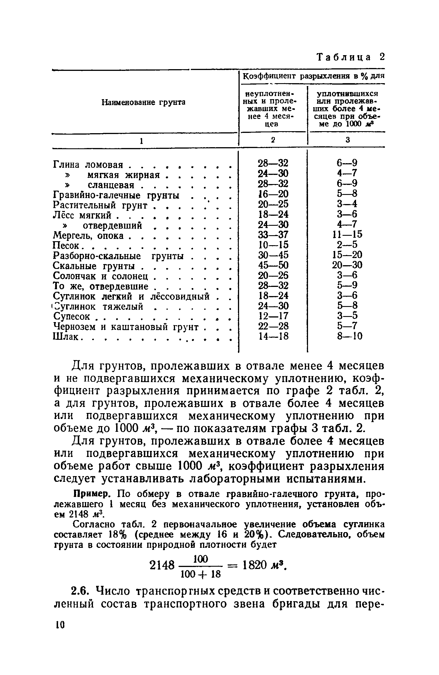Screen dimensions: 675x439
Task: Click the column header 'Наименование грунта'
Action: tap(144, 102)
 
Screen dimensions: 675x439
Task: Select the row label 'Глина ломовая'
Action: tap(88, 165)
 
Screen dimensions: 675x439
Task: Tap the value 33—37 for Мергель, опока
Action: tap(273, 235)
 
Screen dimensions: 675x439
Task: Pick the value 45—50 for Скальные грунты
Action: tap(273, 265)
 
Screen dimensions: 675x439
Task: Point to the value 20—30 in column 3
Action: tap(347, 265)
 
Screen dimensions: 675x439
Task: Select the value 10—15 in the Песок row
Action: tap(273, 245)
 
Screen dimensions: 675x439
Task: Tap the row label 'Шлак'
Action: tap(66, 337)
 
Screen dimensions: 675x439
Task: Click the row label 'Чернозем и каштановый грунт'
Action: tap(126, 327)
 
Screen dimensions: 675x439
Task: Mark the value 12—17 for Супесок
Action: tap(273, 316)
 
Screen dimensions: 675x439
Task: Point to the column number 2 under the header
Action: tap(273, 140)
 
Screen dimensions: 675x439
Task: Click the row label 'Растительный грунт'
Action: tap(100, 205)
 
